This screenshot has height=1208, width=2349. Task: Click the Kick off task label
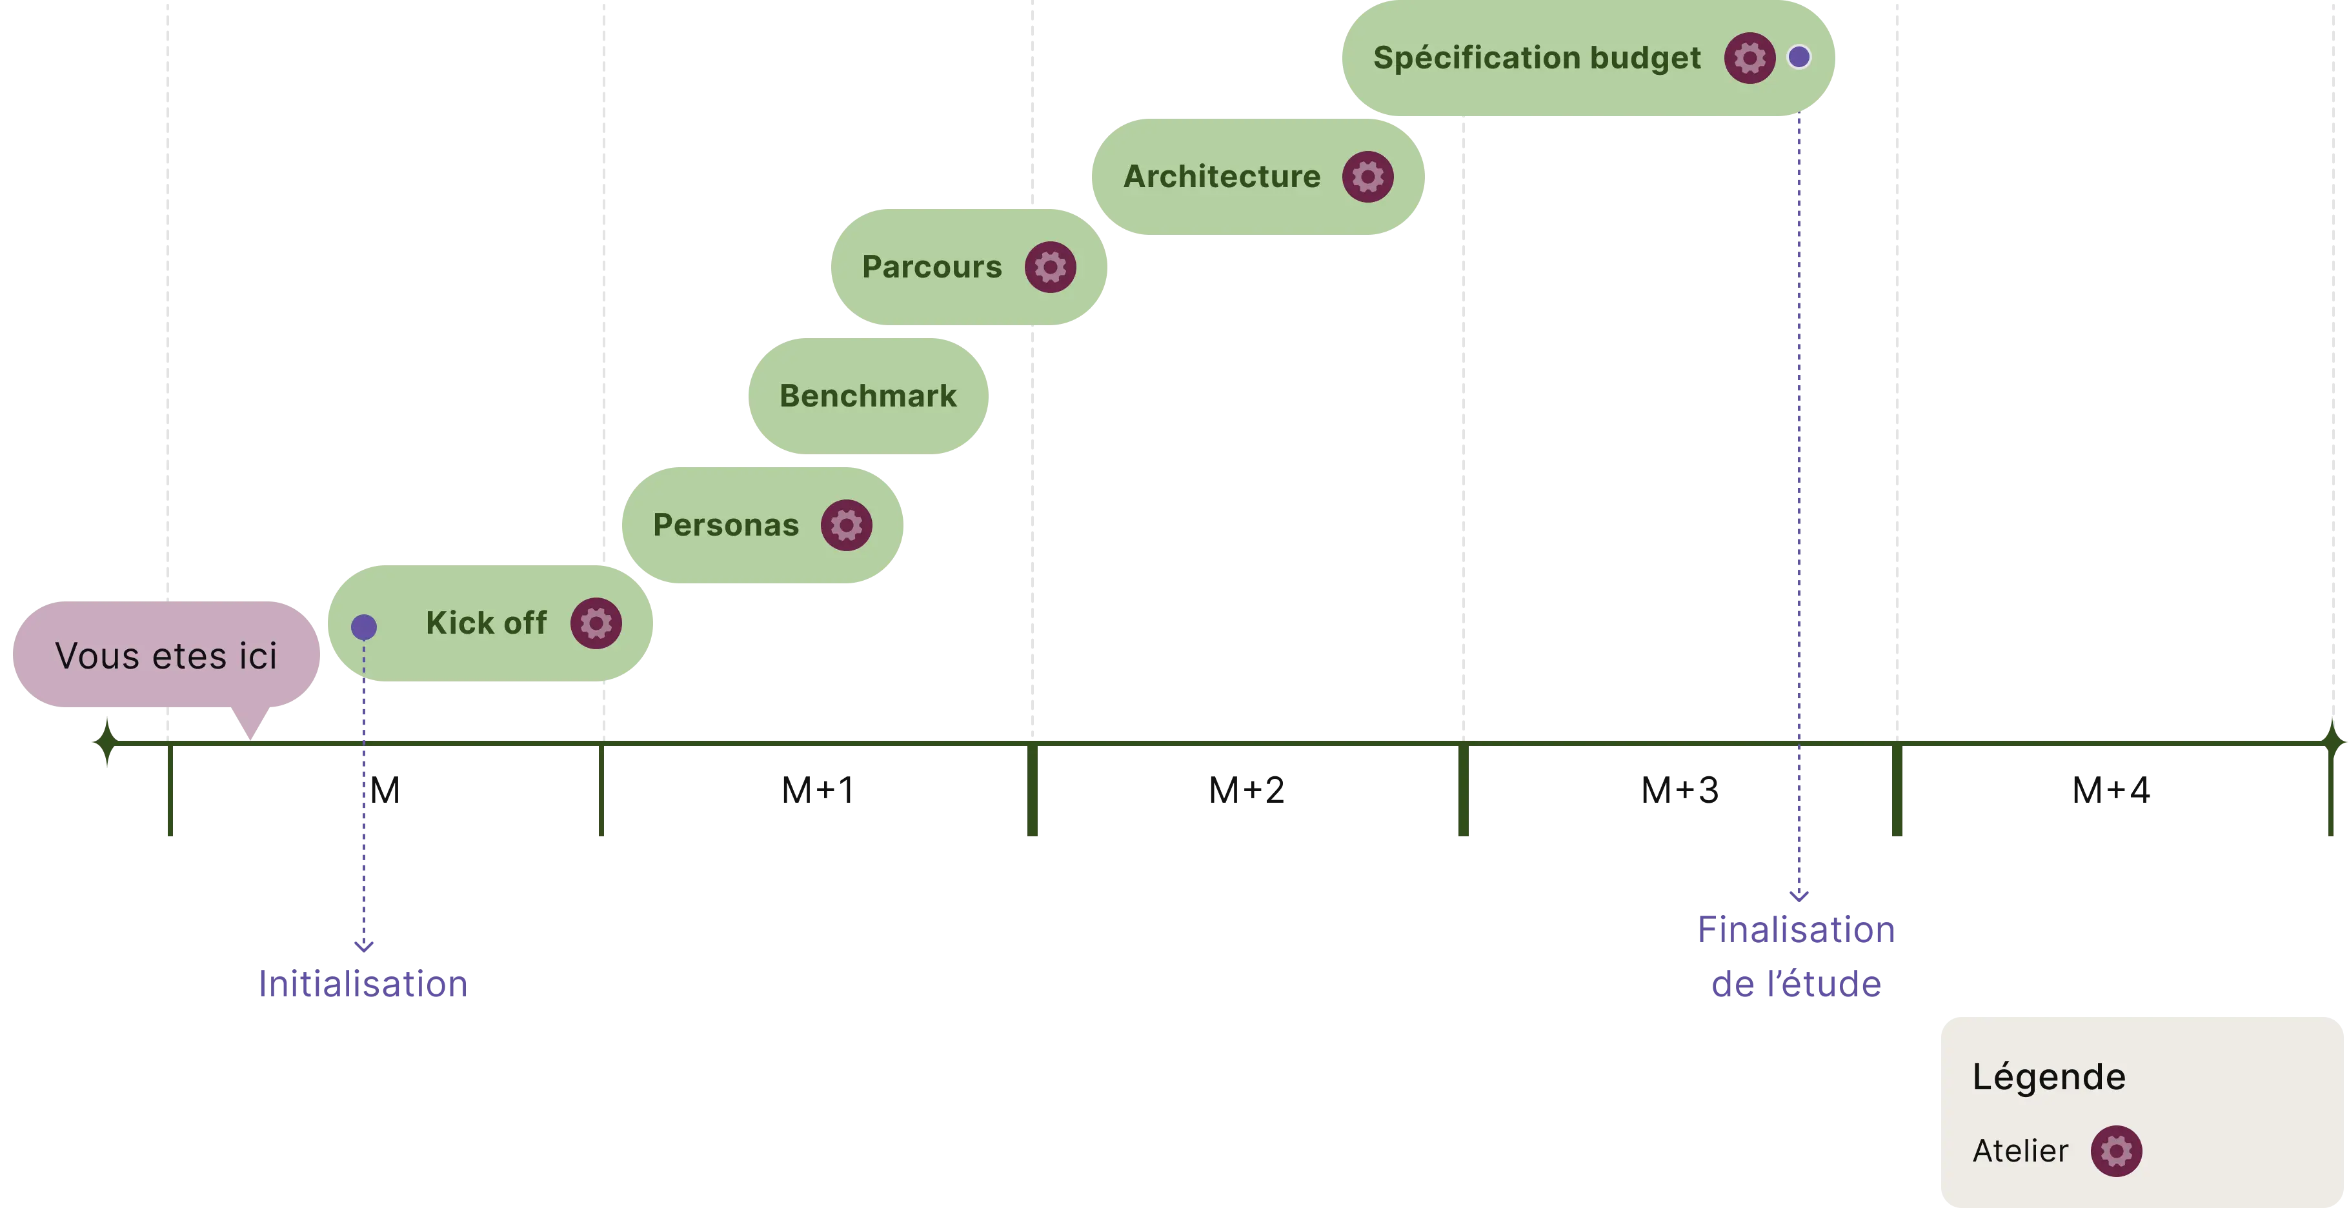point(486,623)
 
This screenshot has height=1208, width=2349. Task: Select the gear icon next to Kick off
point(596,623)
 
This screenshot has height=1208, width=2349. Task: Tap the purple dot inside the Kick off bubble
point(364,627)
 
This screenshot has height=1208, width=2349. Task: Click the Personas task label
point(726,525)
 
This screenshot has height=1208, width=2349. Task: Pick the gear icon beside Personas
point(846,525)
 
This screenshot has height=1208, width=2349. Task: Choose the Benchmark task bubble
point(868,396)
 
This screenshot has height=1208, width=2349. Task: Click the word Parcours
point(931,267)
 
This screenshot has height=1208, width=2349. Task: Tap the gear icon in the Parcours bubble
point(1051,267)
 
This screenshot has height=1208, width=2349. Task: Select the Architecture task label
point(1222,177)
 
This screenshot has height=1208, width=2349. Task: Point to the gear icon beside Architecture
point(1368,177)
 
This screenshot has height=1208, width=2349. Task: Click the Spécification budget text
point(1537,58)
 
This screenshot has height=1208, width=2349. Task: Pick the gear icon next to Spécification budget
point(1749,58)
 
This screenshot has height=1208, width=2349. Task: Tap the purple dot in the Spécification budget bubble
point(1799,57)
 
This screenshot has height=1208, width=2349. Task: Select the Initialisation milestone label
point(363,983)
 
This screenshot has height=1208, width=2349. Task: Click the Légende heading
point(2049,1077)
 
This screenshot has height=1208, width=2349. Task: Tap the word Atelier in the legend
point(2020,1151)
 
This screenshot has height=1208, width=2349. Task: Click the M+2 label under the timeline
point(1247,790)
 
